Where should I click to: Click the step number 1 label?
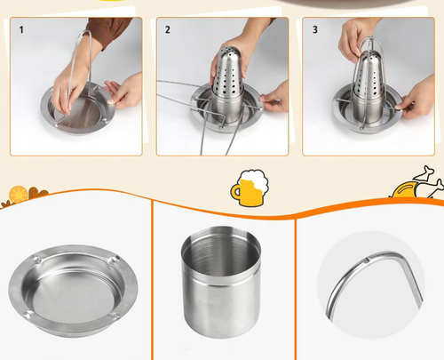pyautogui.click(x=21, y=30)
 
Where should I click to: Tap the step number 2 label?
pyautogui.click(x=168, y=29)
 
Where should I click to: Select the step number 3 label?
pyautogui.click(x=315, y=29)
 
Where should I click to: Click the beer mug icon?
pyautogui.click(x=250, y=188)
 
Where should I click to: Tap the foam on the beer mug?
pyautogui.click(x=255, y=179)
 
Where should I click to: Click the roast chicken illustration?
pyautogui.click(x=417, y=184)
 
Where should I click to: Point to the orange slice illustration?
pyautogui.click(x=18, y=194)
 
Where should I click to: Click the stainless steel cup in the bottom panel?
pyautogui.click(x=221, y=282)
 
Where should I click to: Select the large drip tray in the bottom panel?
pyautogui.click(x=73, y=291)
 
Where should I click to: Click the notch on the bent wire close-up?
pyautogui.click(x=367, y=260)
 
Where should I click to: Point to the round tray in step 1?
pyautogui.click(x=78, y=110)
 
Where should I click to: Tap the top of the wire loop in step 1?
pyautogui.click(x=86, y=31)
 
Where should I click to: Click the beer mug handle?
pyautogui.click(x=235, y=192)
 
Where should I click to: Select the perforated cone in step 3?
pyautogui.click(x=369, y=86)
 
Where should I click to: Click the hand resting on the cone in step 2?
pyautogui.click(x=229, y=60)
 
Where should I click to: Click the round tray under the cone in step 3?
pyautogui.click(x=368, y=117)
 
